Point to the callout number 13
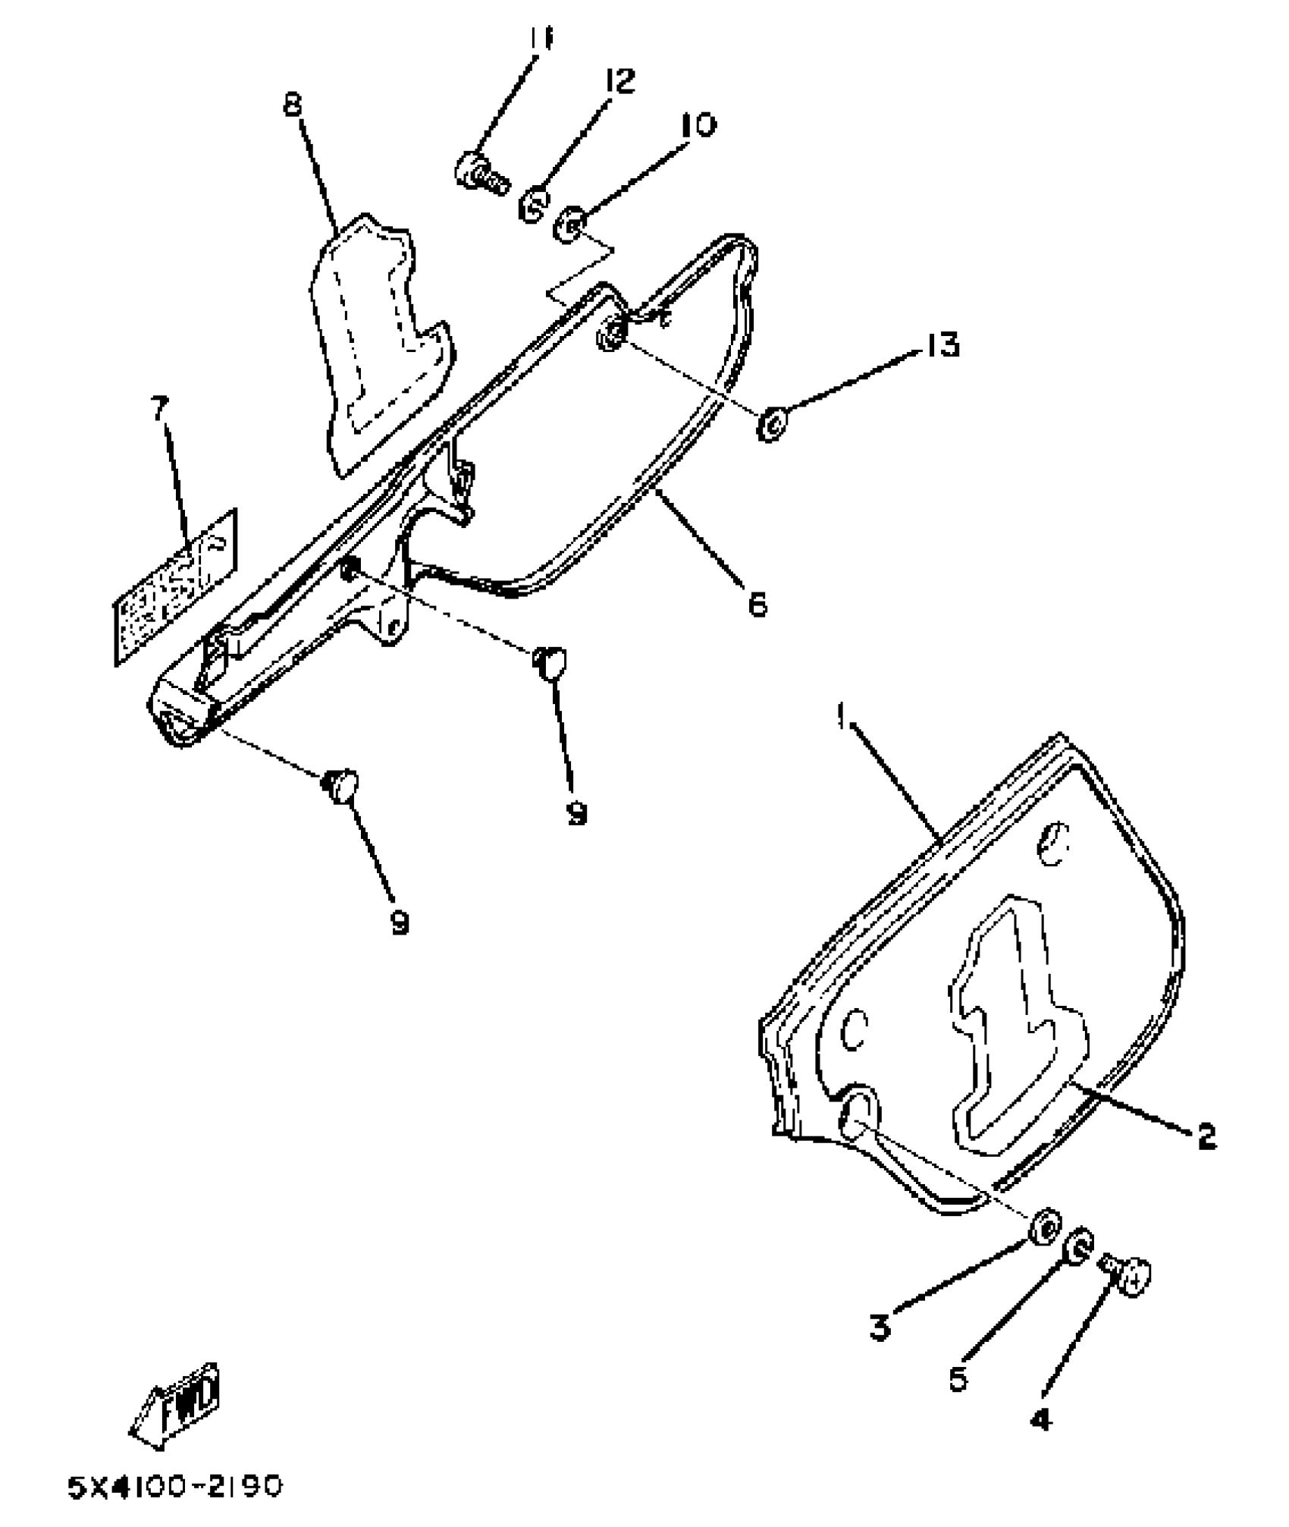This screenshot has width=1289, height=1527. point(942,345)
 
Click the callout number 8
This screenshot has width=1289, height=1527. point(293,104)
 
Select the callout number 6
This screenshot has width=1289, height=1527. point(757,604)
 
